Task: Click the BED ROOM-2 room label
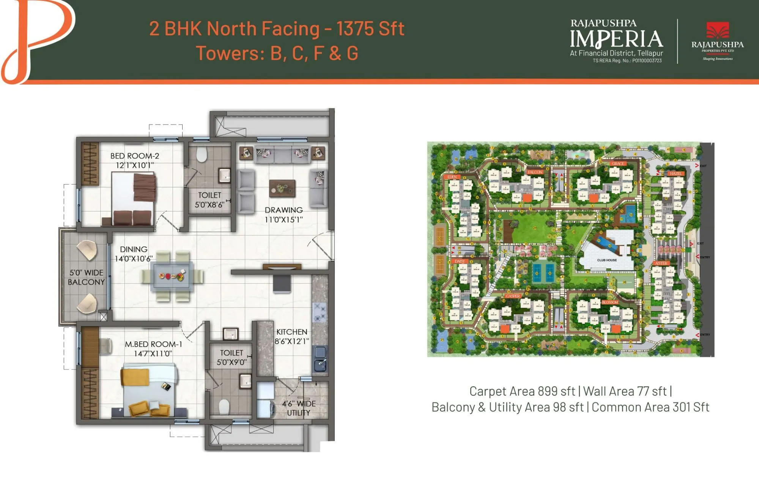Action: click(x=135, y=156)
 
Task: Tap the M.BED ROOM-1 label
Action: click(x=153, y=344)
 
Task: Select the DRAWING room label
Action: click(x=283, y=210)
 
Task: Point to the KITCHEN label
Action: click(x=291, y=332)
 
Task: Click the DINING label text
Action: click(x=134, y=249)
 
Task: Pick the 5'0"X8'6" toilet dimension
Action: click(x=209, y=205)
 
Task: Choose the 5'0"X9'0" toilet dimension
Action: click(x=231, y=362)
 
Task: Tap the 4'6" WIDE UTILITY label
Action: click(x=299, y=408)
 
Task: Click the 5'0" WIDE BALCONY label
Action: click(x=86, y=278)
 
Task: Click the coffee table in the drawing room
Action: click(x=282, y=188)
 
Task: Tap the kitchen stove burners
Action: click(x=319, y=311)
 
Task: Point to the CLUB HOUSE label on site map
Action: click(x=607, y=260)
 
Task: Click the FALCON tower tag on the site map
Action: click(x=535, y=172)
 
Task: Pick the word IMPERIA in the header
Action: click(x=616, y=39)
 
